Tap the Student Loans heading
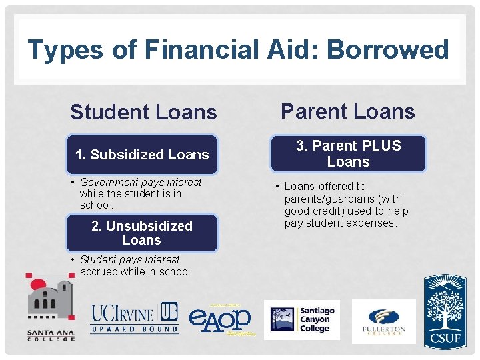point(143,112)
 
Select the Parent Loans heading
point(347,111)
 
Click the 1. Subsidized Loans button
point(142,155)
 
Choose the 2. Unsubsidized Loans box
point(142,233)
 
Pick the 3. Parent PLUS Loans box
point(348,154)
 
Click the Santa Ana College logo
point(51,307)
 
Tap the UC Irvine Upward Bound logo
point(135,317)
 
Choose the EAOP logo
point(221,319)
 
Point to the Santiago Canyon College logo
point(302,319)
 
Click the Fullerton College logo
point(383,321)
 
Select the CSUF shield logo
point(445,309)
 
